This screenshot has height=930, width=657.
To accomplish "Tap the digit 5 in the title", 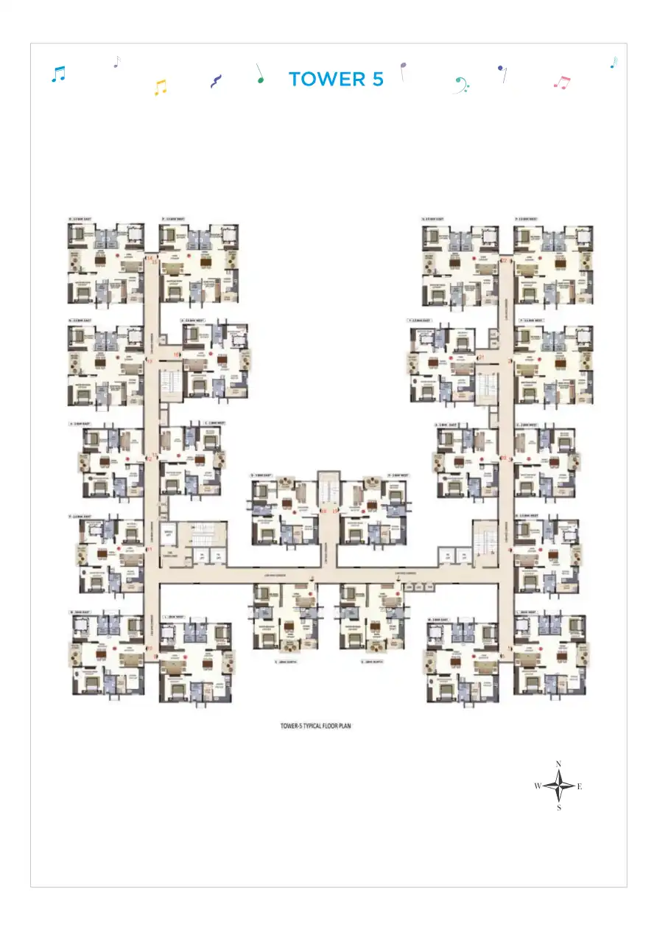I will pyautogui.click(x=376, y=80).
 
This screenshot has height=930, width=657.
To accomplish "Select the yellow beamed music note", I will pyautogui.click(x=161, y=88).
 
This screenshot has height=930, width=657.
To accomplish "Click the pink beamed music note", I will pyautogui.click(x=562, y=83).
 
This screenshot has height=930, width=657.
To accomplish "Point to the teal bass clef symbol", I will pyautogui.click(x=461, y=84).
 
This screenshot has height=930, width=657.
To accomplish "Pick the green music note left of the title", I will pyautogui.click(x=260, y=74).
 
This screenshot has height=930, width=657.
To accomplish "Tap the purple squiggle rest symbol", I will pyautogui.click(x=215, y=81).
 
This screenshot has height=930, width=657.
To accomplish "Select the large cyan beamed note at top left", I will pyautogui.click(x=58, y=74).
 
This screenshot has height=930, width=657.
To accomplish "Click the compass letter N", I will pyautogui.click(x=559, y=763).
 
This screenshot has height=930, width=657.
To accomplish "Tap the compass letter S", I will pyautogui.click(x=559, y=808).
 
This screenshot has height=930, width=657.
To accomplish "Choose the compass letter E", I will pyautogui.click(x=580, y=786).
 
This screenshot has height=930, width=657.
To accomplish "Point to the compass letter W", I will pyautogui.click(x=538, y=786).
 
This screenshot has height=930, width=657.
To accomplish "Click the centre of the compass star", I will pyautogui.click(x=559, y=786).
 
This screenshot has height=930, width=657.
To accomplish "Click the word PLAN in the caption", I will pyautogui.click(x=366, y=725).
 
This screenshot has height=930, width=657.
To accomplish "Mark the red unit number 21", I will pyautogui.click(x=481, y=357).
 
